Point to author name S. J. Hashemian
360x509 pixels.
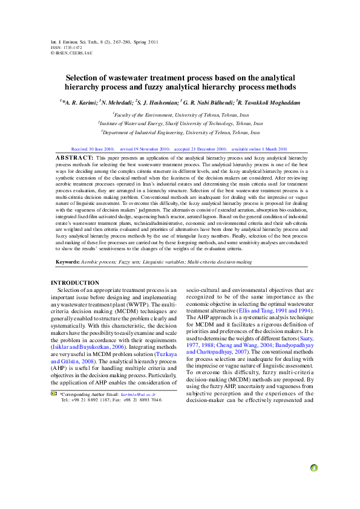click(157, 103)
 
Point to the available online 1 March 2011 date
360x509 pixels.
click(260, 148)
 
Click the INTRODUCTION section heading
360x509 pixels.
click(75, 283)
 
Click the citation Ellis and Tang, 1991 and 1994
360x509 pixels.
click(277, 310)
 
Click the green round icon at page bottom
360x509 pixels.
click(313, 467)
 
